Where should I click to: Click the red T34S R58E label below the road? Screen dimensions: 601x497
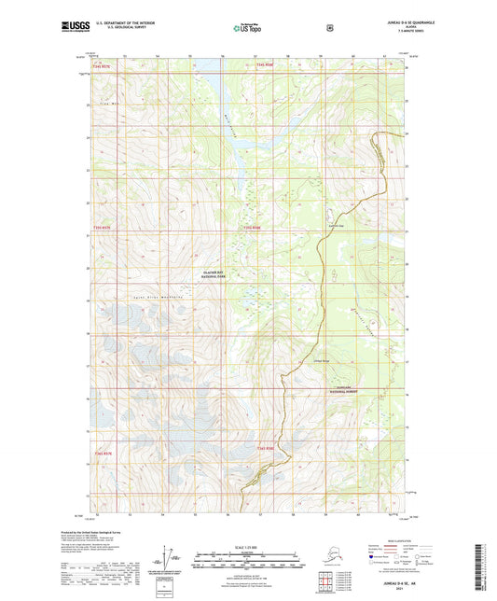(266, 449)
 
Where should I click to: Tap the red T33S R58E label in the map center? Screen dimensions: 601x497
(253, 227)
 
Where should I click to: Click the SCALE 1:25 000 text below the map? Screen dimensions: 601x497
(247, 546)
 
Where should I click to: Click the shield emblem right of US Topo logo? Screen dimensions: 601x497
(329, 27)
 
